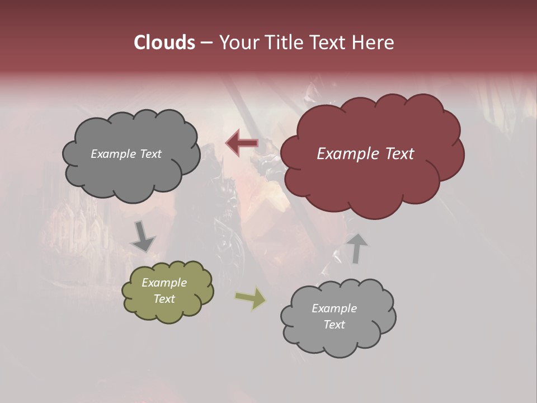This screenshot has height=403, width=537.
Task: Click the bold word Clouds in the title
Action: click(x=164, y=43)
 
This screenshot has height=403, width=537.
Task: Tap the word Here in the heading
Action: click(x=373, y=43)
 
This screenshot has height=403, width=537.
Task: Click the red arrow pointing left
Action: click(x=241, y=143)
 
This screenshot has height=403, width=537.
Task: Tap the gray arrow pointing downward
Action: click(x=143, y=237)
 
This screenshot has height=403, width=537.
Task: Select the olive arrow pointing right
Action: click(x=251, y=298)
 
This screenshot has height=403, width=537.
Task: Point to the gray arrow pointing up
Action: click(x=357, y=248)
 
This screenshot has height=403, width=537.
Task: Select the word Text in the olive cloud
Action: click(x=164, y=299)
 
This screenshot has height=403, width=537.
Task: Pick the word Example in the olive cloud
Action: click(x=164, y=283)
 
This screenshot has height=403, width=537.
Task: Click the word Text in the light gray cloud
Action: click(x=334, y=325)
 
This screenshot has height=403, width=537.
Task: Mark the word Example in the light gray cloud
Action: click(x=334, y=308)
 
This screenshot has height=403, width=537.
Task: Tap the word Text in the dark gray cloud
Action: click(x=150, y=154)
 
